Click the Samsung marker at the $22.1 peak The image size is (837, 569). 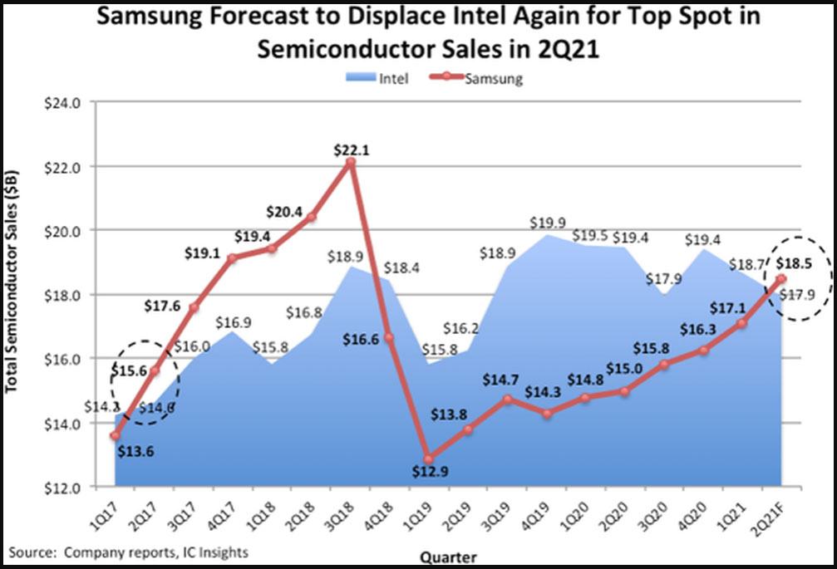point(351,163)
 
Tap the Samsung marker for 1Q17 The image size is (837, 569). point(116,435)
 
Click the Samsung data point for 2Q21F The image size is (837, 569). point(781,279)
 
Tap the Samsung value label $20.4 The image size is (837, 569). point(285,211)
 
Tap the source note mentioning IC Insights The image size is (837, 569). point(129,551)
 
